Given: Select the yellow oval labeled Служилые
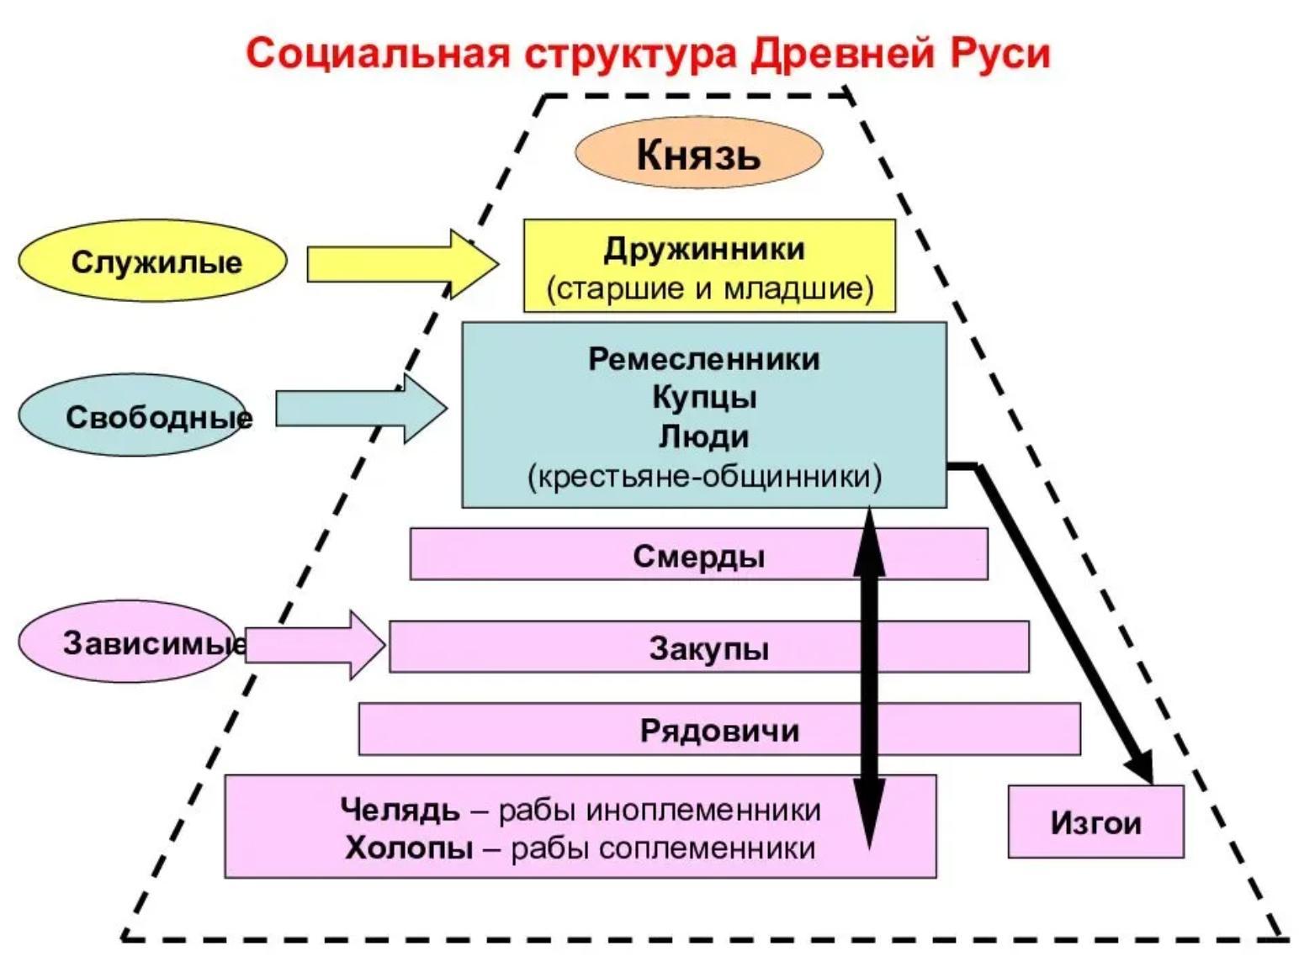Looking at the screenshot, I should (x=152, y=262).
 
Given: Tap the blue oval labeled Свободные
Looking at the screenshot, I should (x=135, y=416).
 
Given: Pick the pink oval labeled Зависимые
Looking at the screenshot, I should (x=126, y=643).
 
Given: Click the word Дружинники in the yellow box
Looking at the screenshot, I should (x=704, y=249).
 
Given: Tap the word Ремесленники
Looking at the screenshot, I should (x=704, y=359).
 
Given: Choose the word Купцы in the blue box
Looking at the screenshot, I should (x=704, y=397).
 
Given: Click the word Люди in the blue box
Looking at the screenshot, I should (x=704, y=436).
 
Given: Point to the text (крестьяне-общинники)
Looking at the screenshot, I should (x=704, y=476).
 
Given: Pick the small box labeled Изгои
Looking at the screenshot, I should (x=1095, y=822).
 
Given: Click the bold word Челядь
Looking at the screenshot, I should (x=400, y=810).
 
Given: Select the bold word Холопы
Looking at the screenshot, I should (x=409, y=848).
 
